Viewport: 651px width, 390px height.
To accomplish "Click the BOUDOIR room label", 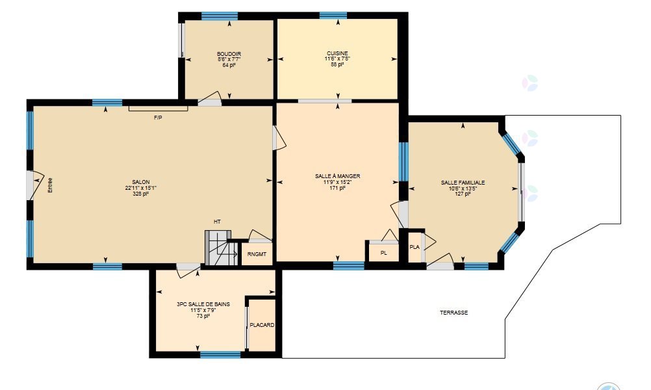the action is point(229,54).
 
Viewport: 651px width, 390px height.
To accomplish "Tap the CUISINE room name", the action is point(337,53).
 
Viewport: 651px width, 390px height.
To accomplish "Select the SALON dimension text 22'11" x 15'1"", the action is point(141,188).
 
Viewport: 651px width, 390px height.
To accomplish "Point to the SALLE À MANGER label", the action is point(338,176).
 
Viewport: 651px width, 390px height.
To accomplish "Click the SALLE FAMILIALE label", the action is point(463,183).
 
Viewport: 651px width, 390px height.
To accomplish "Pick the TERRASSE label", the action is point(453,313).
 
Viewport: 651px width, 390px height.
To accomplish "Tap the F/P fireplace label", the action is point(158,118).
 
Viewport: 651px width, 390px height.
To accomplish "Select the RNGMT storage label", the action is point(257,254).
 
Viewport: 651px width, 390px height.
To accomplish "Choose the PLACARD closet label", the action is point(262,325).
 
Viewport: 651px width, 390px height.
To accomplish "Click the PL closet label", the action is point(383,252).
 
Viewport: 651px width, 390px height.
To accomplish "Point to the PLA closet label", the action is point(415,247).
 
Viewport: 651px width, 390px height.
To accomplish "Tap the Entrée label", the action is point(50,185).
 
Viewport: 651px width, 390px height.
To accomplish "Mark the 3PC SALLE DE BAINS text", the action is point(203,304).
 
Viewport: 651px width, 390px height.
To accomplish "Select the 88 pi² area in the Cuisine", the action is point(337,64).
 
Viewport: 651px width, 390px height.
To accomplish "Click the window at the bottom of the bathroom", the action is point(220,355).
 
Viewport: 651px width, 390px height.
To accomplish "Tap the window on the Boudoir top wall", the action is point(220,16).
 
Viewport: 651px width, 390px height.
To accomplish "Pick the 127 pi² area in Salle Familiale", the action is point(463,194).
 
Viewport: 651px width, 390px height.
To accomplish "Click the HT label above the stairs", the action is point(217,222).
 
